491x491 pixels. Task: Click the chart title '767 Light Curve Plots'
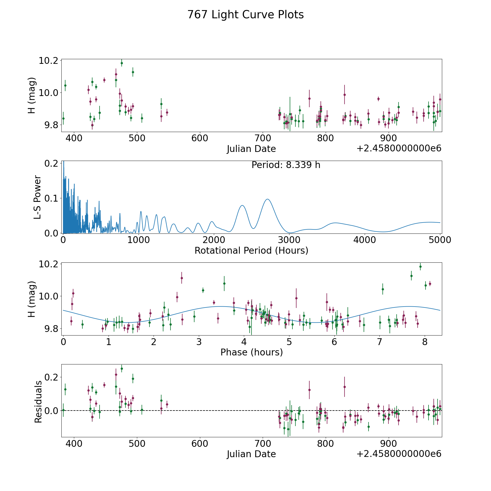coord(245,15)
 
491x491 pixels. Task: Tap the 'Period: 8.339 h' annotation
coord(286,165)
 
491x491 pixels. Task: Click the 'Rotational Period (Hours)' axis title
coord(251,250)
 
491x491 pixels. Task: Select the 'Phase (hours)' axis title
coord(252,352)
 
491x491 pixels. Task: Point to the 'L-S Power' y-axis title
coord(38,197)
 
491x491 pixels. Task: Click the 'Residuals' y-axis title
coord(38,402)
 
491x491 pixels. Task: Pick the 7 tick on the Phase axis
coord(379,342)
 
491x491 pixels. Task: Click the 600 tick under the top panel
coord(200,138)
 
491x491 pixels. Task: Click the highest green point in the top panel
coord(122,63)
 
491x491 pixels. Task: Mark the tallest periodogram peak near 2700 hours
coord(268,199)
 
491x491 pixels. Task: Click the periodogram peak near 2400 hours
coord(242,205)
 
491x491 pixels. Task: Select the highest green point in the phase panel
coord(420,267)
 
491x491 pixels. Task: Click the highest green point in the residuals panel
coord(122,369)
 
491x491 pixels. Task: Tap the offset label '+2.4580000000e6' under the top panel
coord(399,148)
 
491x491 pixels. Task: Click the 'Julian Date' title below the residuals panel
coord(251,454)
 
